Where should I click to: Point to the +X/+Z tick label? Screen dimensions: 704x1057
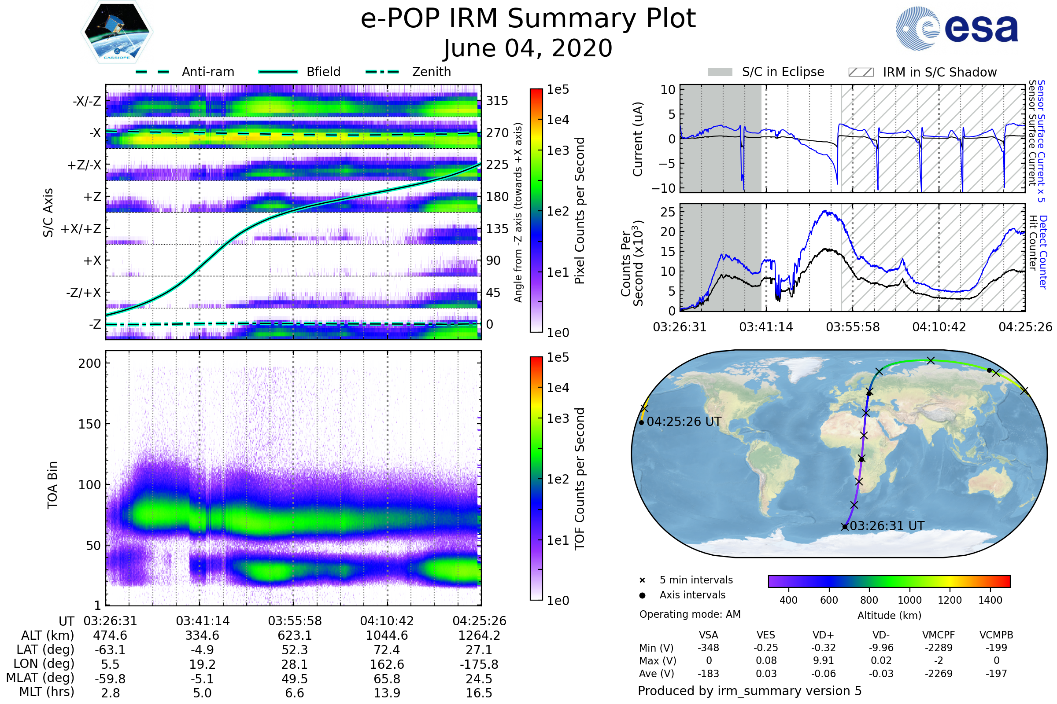point(81,229)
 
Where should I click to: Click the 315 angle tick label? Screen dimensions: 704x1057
point(497,101)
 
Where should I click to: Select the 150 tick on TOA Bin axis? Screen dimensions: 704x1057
point(90,424)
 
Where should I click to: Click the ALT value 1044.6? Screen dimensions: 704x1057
point(387,635)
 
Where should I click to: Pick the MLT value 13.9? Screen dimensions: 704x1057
point(387,693)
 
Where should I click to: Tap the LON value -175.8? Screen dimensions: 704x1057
point(479,664)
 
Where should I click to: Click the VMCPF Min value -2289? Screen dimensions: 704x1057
point(939,648)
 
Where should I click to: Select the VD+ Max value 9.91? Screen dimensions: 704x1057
point(823,660)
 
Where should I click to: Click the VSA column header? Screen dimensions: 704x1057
point(708,635)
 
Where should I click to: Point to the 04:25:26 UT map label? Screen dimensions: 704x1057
point(684,422)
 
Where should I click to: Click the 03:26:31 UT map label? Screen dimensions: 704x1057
point(887,526)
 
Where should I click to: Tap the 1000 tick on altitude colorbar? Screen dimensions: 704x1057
point(909,600)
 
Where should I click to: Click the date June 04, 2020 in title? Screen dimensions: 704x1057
point(528,48)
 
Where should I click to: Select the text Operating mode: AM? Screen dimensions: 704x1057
point(690,614)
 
